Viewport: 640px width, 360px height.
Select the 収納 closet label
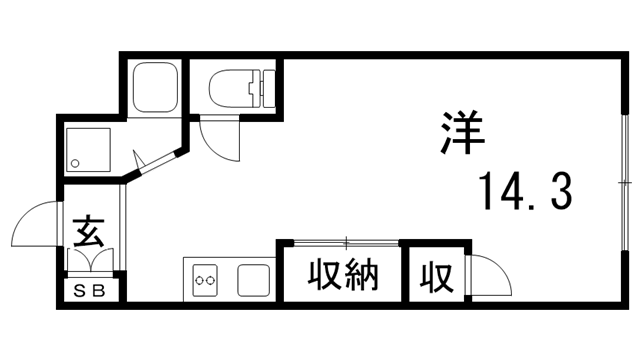point(342,273)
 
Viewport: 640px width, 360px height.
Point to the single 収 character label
point(434,273)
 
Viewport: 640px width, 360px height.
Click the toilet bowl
point(232,87)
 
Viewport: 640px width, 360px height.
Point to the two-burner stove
point(206,279)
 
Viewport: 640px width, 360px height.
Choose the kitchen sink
point(254,279)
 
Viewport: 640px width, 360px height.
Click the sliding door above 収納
point(340,241)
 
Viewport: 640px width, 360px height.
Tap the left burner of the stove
point(198,280)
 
